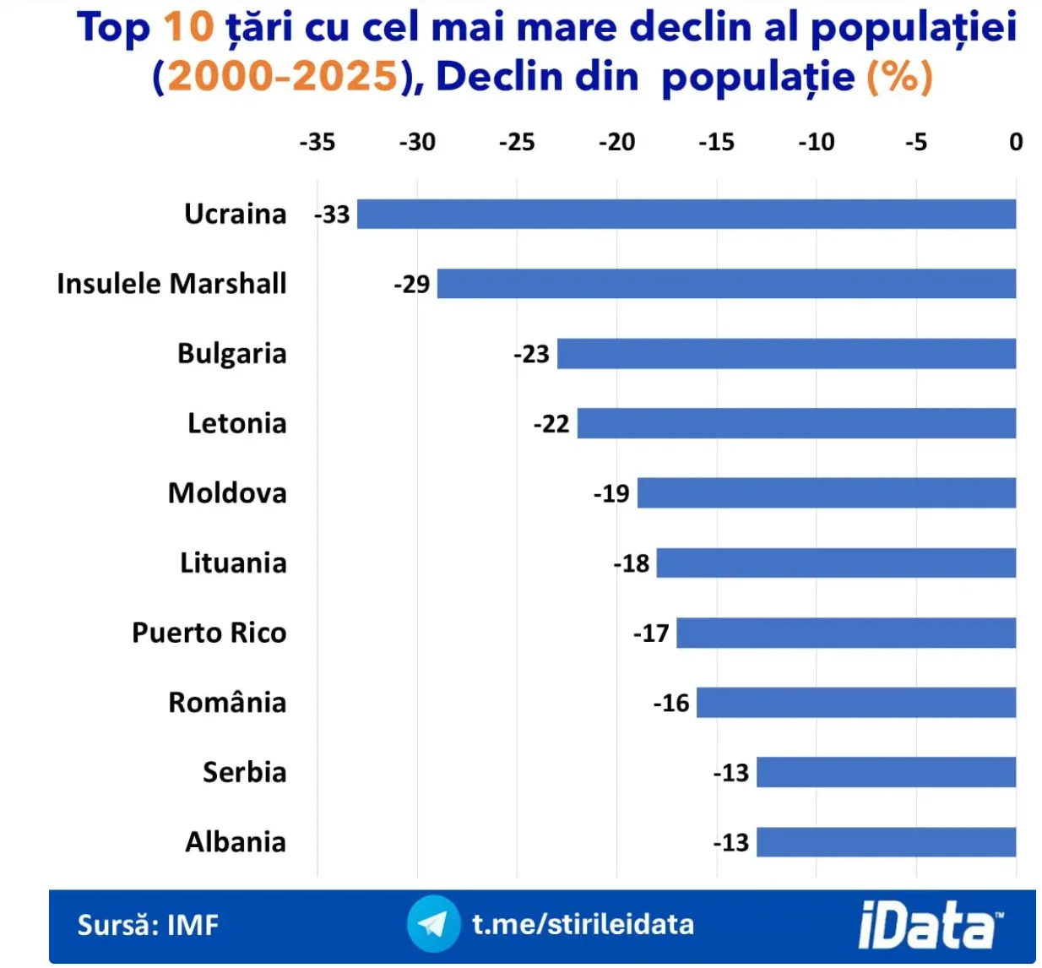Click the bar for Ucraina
tap(686, 214)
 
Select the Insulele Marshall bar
tap(726, 284)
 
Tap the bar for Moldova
tap(826, 492)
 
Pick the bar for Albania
tap(886, 842)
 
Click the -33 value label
tap(333, 215)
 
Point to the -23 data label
tap(532, 354)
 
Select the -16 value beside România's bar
tap(671, 703)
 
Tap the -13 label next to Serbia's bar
tap(731, 773)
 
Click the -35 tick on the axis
tap(317, 142)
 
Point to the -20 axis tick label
tap(616, 142)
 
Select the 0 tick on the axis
tap(1016, 142)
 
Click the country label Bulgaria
tap(231, 353)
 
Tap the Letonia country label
tap(236, 423)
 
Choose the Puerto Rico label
tap(209, 633)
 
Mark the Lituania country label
tap(233, 563)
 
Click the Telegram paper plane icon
tap(433, 924)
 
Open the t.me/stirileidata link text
tap(583, 924)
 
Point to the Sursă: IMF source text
tap(148, 925)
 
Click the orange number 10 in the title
tap(188, 27)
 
